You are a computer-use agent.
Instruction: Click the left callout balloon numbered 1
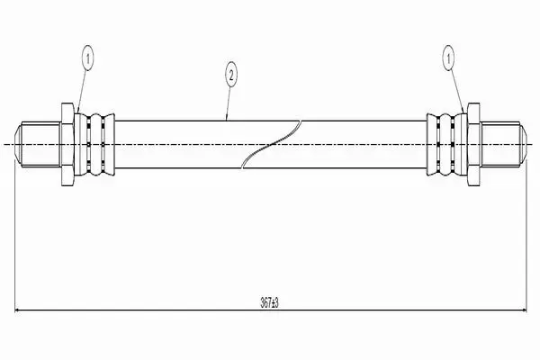point(88,58)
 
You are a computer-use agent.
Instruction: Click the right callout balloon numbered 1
point(448,58)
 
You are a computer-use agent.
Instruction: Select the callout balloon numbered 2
point(231,75)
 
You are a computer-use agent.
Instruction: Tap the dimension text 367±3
point(269,302)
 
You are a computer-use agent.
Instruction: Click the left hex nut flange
point(67,144)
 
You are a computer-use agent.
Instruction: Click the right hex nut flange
point(474,144)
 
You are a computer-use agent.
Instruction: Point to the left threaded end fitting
point(38,144)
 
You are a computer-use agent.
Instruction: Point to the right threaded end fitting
point(503,144)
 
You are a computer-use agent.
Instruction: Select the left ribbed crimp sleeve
point(94,144)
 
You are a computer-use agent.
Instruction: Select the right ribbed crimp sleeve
point(447,144)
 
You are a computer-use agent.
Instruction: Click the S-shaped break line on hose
point(272,144)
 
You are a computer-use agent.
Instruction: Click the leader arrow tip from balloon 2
point(226,121)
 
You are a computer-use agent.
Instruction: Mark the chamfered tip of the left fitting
point(18,144)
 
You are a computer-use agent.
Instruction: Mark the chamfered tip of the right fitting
point(524,144)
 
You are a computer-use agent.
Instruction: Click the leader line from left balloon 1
point(83,92)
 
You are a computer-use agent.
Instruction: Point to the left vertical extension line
point(14,235)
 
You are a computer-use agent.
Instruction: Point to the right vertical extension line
point(526,235)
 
